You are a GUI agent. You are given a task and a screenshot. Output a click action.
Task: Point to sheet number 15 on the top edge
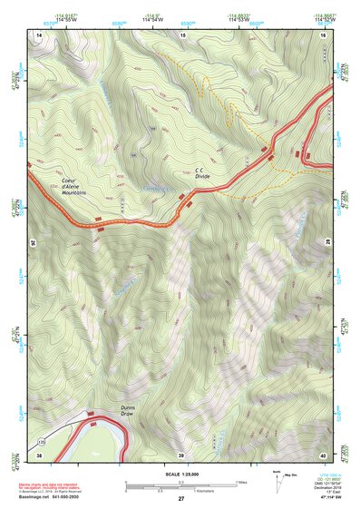pyautogui.click(x=181, y=34)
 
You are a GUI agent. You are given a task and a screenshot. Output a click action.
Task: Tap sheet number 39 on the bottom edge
pyautogui.click(x=181, y=454)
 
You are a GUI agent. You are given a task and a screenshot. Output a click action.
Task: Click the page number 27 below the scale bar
pyautogui.click(x=181, y=500)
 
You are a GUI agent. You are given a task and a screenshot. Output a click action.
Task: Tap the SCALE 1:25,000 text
pyautogui.click(x=181, y=475)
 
